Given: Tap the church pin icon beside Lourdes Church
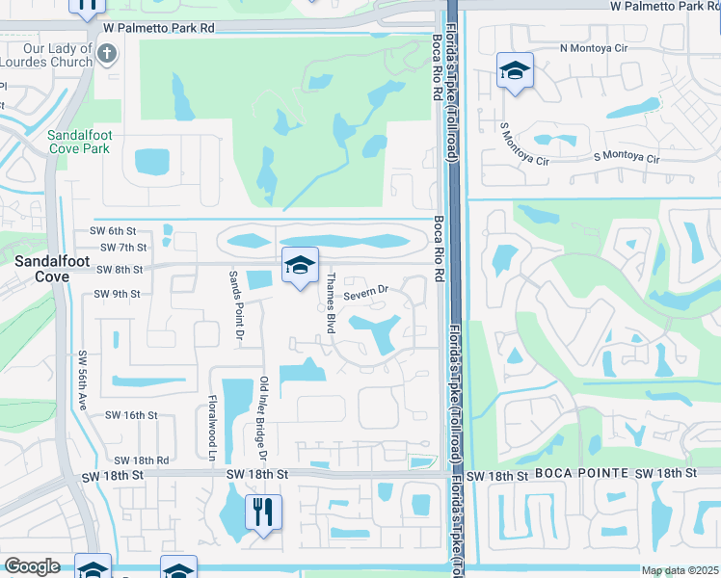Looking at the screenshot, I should pyautogui.click(x=107, y=55).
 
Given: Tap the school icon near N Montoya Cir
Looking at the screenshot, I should pyautogui.click(x=515, y=71).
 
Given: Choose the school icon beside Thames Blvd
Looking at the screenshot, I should pyautogui.click(x=300, y=266).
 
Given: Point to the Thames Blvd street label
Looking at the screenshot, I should pyautogui.click(x=330, y=302).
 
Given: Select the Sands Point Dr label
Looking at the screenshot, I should pyautogui.click(x=233, y=304).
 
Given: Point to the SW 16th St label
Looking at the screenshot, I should pyautogui.click(x=131, y=415).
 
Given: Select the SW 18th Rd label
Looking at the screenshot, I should pyautogui.click(x=142, y=461).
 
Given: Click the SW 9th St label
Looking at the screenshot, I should pyautogui.click(x=117, y=294).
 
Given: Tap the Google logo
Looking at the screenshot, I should pyautogui.click(x=32, y=566).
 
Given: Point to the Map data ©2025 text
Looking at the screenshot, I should pyautogui.click(x=679, y=571).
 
